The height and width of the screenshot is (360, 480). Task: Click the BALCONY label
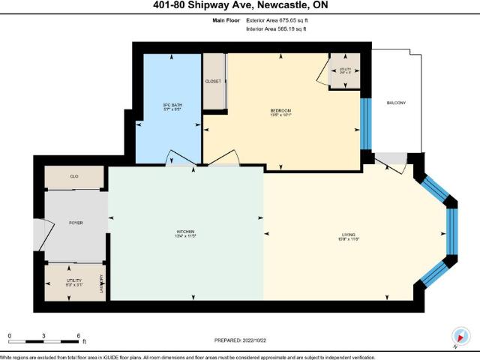396,103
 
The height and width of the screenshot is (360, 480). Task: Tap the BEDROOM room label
280,111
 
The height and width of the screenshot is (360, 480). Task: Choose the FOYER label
75,223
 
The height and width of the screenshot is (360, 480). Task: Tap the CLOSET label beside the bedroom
212,81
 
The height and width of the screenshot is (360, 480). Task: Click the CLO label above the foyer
74,177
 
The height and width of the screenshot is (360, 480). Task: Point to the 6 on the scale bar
79,336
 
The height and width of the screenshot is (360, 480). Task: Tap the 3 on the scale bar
44,336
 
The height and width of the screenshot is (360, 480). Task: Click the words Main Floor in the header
226,21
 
